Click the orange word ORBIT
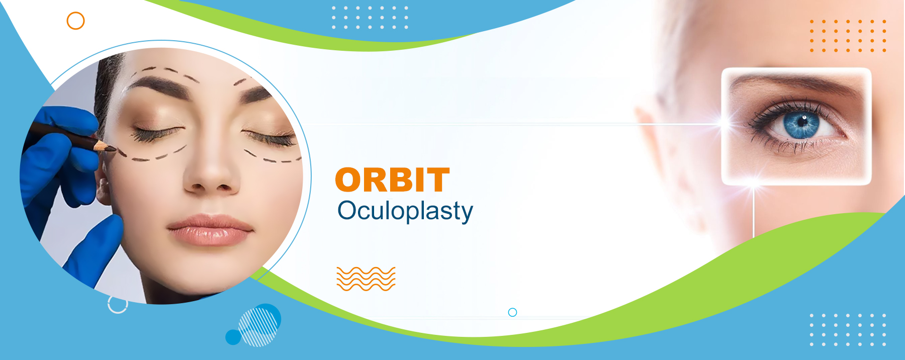(x=392, y=180)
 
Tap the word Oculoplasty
(x=405, y=211)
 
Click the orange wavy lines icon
(x=366, y=279)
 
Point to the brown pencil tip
(x=112, y=148)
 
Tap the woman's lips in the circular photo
(x=210, y=230)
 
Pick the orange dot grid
(x=848, y=36)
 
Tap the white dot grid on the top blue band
(x=370, y=17)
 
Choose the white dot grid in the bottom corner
(x=848, y=330)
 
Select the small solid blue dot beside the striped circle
(x=233, y=337)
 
